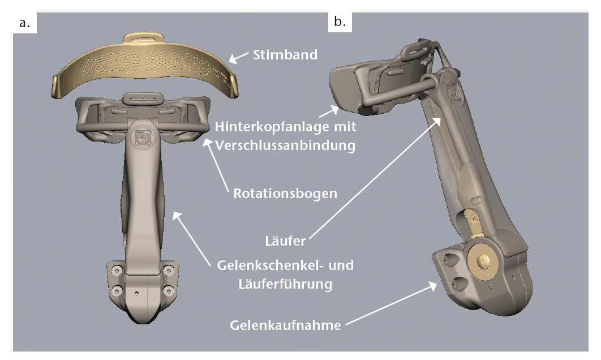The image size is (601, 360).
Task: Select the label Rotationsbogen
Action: click(x=285, y=194)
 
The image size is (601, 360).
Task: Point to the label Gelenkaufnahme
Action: click(x=286, y=326)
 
